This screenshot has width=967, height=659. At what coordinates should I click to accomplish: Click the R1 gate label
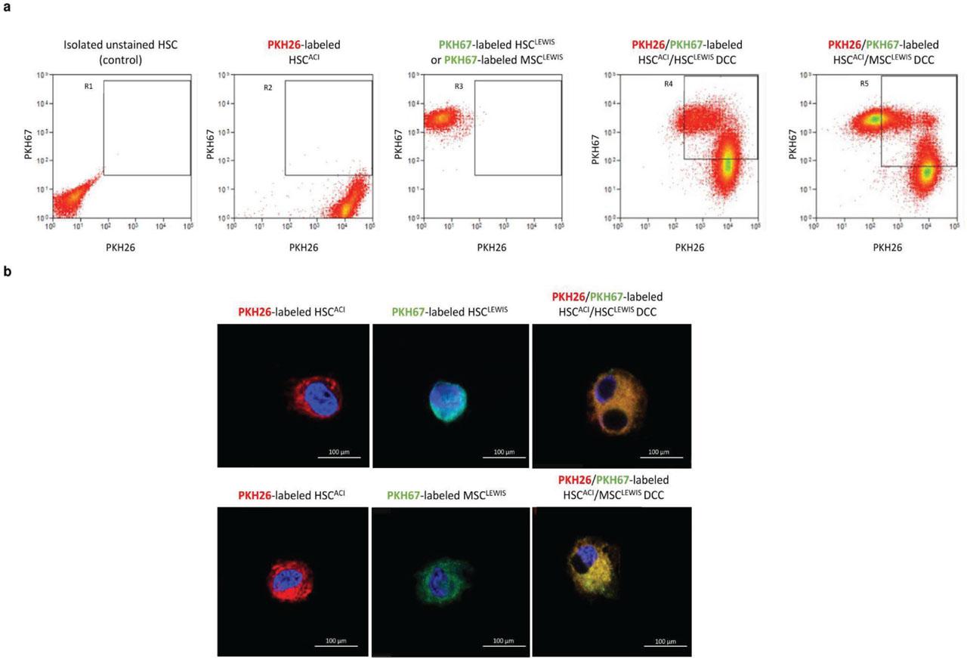88,88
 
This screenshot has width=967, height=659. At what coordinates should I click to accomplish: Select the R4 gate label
669,82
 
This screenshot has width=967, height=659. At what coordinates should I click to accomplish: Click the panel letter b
6,271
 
